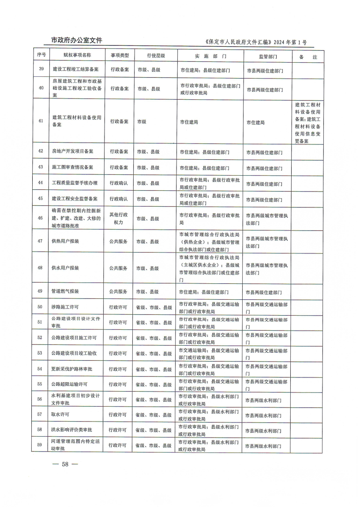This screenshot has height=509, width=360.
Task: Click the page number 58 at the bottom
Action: coord(65,464)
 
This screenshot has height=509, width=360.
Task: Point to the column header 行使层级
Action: coord(150,56)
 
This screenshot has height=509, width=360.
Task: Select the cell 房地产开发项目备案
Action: coord(72,151)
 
